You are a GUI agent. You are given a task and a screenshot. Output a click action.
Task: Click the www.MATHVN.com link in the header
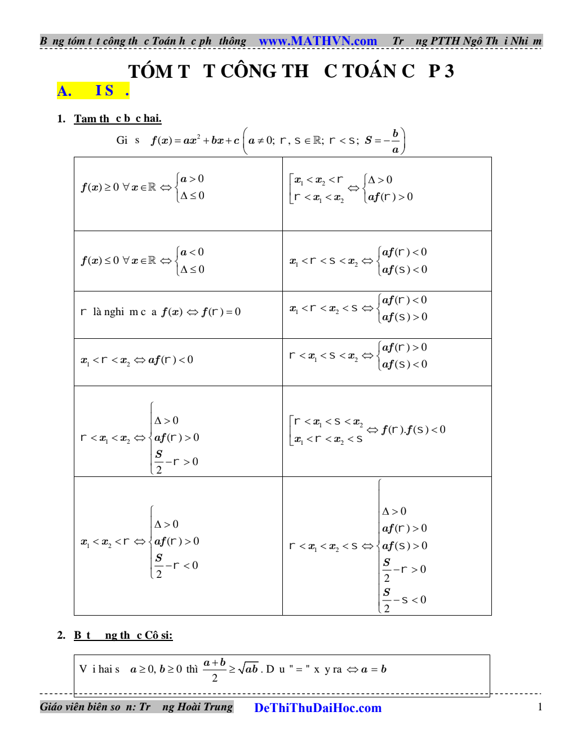point(318,41)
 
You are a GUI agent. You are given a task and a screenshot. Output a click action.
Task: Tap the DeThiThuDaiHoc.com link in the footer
point(318,708)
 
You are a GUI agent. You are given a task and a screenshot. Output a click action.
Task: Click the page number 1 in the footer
point(540,707)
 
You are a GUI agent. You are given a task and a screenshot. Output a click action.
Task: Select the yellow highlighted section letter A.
point(64,91)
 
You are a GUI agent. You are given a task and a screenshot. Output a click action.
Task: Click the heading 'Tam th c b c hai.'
point(118,118)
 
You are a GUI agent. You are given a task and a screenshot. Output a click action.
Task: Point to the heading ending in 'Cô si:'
point(123,635)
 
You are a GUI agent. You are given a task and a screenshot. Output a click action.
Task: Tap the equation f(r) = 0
point(221,312)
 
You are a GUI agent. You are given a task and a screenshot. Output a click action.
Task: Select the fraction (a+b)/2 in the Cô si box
point(215,670)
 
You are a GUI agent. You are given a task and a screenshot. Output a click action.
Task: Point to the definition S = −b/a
point(383,141)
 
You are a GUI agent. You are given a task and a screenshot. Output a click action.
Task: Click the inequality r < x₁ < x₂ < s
point(323,546)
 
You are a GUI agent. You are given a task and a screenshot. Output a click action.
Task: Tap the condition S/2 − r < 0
point(176,565)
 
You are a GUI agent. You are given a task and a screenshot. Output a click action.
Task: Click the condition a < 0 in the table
point(192,252)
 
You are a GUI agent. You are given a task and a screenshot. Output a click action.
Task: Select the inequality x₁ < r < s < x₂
point(323,261)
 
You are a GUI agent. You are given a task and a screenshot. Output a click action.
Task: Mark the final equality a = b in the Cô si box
point(374,669)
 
